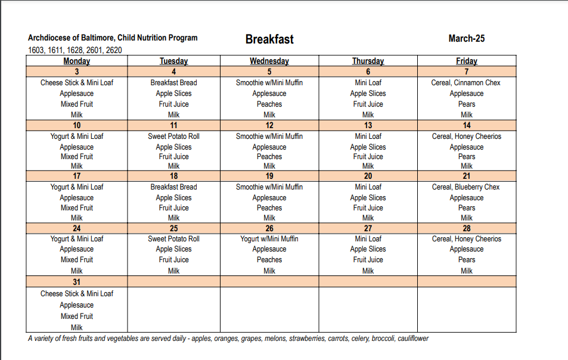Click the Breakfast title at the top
269,39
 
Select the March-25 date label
466,39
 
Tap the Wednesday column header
269,61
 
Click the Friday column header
467,61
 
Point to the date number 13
368,125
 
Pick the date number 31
77,281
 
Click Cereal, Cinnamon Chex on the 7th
466,83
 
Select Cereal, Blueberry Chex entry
466,187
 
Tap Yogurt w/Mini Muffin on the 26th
269,239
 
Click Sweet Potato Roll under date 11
173,136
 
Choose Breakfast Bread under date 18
173,187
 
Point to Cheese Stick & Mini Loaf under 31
77,294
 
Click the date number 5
269,72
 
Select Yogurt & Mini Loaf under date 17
77,187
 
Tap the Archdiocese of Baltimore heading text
113,38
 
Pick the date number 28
467,228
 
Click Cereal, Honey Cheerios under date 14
467,136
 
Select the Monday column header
77,61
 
